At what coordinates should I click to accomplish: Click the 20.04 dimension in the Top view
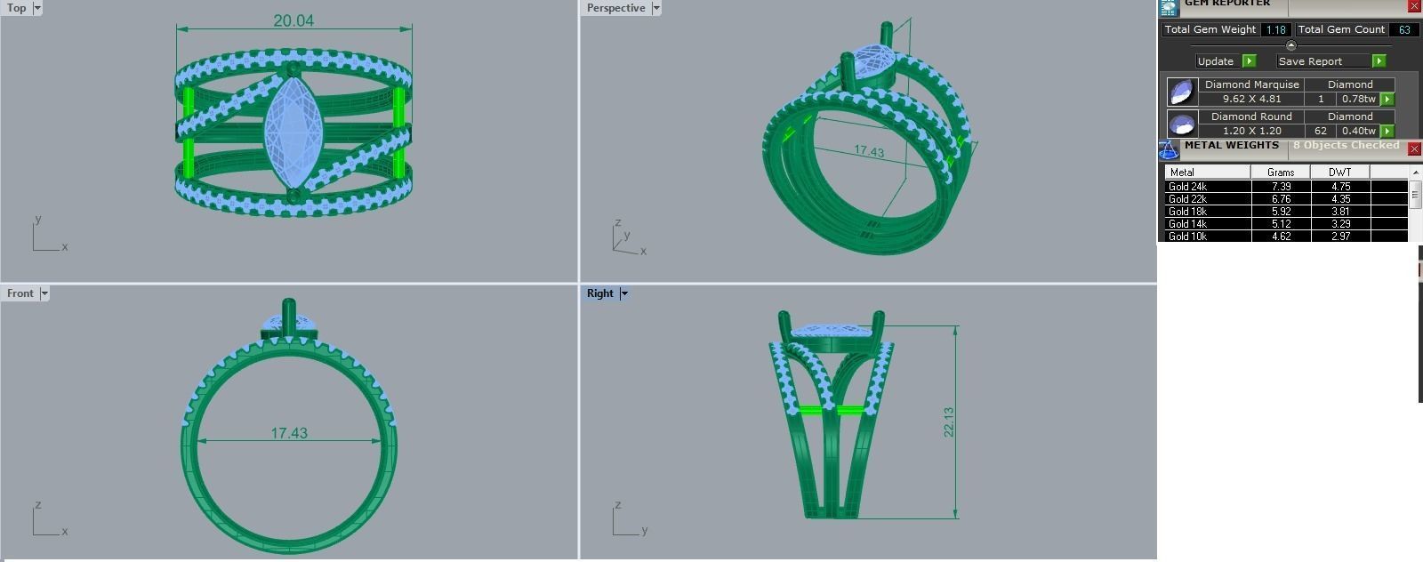293,20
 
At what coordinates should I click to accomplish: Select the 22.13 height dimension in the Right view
949,421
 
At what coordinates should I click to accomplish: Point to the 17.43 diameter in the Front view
289,433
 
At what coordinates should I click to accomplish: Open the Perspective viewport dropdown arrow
656,8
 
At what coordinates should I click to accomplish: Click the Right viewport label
599,293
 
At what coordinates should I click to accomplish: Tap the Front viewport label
20,293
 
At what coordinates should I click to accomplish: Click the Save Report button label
1310,61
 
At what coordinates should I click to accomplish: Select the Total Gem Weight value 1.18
1275,29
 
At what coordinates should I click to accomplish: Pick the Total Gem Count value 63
1404,29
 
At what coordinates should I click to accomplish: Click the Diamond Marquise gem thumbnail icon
1181,92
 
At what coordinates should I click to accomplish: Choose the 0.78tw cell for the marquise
1358,99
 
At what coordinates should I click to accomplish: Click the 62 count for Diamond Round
1320,131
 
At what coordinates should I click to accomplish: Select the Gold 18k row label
1188,212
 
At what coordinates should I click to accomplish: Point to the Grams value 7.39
1281,187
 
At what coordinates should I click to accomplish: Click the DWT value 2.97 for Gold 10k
1339,237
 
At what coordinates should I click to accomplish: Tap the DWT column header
1339,172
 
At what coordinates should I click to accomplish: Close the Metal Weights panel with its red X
1414,149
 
